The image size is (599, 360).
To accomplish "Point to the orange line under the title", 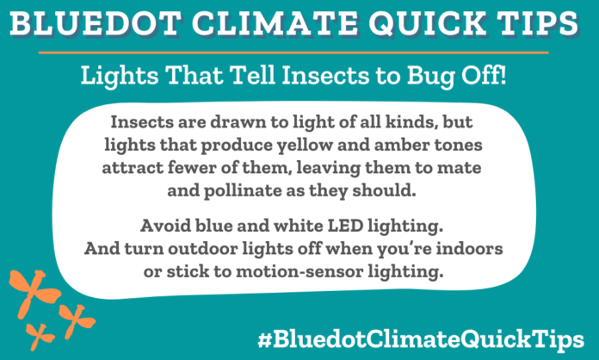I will (299, 52).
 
